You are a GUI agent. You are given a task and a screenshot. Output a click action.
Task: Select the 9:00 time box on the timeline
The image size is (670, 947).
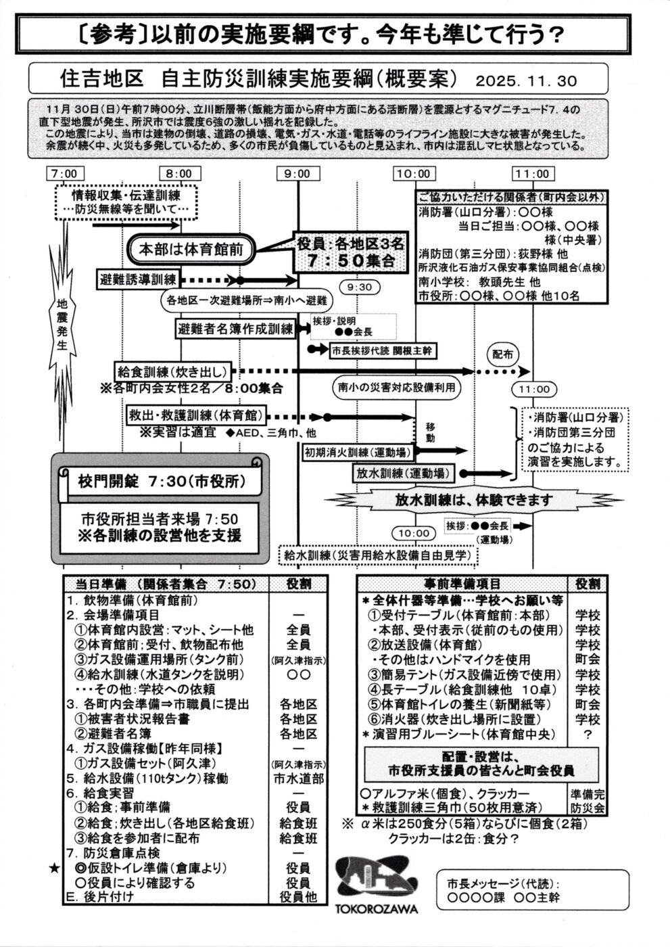tap(297, 174)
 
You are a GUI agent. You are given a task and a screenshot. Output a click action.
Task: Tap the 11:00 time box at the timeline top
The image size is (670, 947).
tap(531, 174)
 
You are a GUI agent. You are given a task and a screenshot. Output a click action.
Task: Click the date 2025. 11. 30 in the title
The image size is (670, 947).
tap(535, 81)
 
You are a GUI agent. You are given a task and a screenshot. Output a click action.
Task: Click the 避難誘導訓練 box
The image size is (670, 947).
tap(138, 279)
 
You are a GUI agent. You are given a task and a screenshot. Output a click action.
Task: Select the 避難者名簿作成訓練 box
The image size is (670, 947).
tap(235, 329)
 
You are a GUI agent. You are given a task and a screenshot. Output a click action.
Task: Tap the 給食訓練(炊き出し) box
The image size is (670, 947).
tap(173, 371)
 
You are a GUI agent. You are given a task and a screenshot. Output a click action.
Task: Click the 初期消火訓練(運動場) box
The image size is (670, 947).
tap(358, 451)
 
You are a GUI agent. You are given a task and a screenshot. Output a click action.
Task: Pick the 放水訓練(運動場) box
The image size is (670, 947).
tap(403, 473)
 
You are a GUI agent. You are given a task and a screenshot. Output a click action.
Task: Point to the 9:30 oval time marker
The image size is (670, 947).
tap(359, 287)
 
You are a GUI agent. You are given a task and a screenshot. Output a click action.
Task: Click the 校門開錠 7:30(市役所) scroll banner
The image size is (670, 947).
tap(160, 482)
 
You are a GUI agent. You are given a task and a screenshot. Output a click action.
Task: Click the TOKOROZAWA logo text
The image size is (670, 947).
tap(377, 910)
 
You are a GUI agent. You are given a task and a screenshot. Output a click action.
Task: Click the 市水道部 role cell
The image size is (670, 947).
tap(298, 779)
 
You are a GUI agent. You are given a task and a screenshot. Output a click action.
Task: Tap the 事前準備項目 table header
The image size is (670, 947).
tap(463, 584)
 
